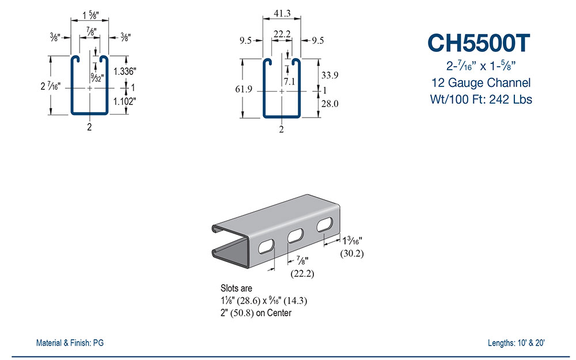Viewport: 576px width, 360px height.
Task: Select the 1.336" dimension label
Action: coord(125,72)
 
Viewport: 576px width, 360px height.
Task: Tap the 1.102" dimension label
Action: coord(125,102)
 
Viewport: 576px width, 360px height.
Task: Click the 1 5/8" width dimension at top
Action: coord(89,13)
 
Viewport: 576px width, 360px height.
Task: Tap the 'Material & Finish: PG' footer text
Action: coord(70,343)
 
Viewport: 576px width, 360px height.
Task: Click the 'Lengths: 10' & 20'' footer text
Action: coord(516,343)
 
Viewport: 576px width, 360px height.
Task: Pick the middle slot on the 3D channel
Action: coord(295,235)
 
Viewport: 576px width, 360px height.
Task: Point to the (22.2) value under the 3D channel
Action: coord(301,274)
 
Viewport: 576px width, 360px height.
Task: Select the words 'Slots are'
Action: coord(236,288)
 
